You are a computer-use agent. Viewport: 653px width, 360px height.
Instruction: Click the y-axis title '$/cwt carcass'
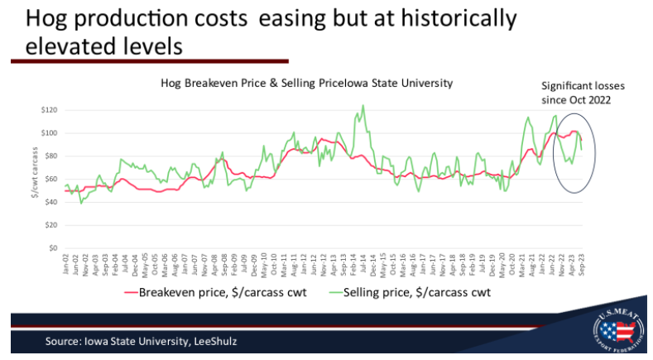click(x=35, y=179)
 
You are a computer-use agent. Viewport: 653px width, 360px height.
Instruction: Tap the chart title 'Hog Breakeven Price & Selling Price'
click(x=306, y=84)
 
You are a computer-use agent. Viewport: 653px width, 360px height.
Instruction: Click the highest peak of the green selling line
click(x=363, y=106)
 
